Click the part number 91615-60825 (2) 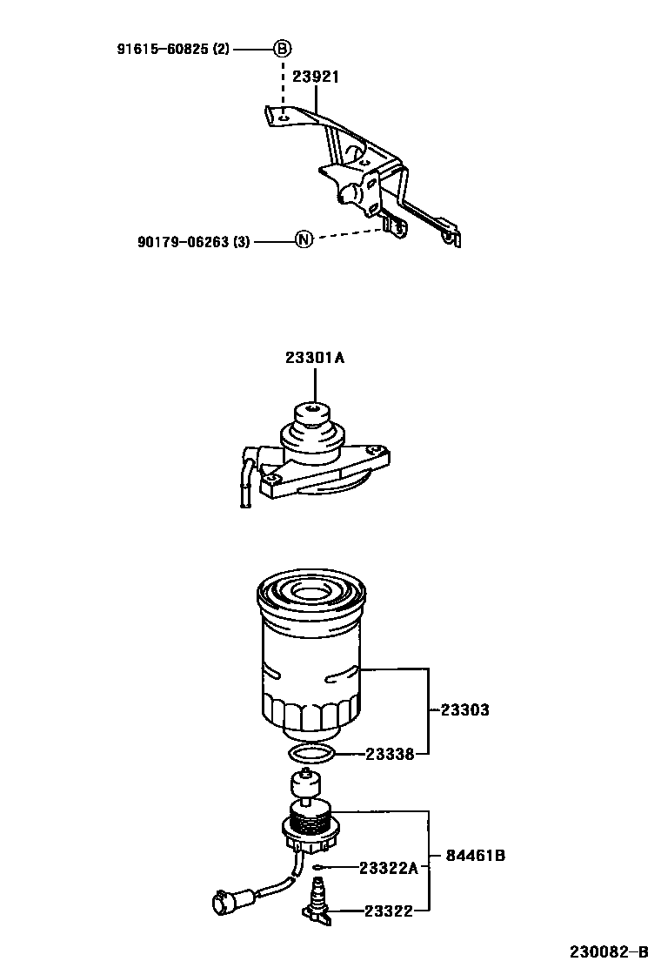point(173,50)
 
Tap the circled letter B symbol point(282,50)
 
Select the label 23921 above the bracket point(316,77)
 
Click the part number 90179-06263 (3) point(193,242)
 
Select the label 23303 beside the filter point(464,710)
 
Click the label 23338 point(390,755)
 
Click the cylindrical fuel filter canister point(310,662)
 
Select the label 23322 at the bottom point(387,911)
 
